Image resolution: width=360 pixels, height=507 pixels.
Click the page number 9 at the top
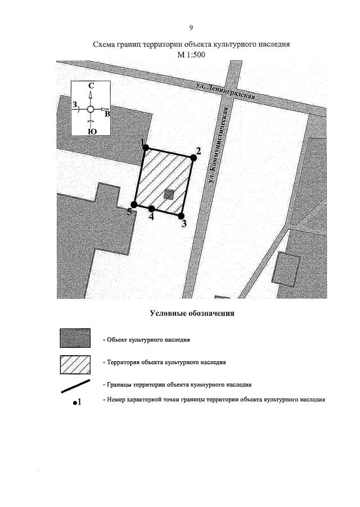(191, 28)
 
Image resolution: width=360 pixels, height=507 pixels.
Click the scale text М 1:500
(191, 54)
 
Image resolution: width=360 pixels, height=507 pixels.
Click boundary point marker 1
(145, 148)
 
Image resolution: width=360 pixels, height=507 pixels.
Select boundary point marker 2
(193, 158)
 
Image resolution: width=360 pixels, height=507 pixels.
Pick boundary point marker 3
(181, 216)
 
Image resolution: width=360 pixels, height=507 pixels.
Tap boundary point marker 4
(152, 209)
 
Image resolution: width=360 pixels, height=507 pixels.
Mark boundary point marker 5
(134, 205)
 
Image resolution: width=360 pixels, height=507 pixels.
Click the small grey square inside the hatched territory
(169, 194)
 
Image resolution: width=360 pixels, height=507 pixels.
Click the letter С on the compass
(91, 86)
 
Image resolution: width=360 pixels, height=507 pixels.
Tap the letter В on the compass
(107, 114)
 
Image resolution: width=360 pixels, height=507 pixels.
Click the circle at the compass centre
(91, 109)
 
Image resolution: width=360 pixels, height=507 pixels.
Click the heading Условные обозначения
(191, 313)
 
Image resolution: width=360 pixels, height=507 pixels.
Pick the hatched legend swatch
(75, 365)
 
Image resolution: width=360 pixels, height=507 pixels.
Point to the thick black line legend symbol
(75, 387)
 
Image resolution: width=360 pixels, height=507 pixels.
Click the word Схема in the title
(107, 44)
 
